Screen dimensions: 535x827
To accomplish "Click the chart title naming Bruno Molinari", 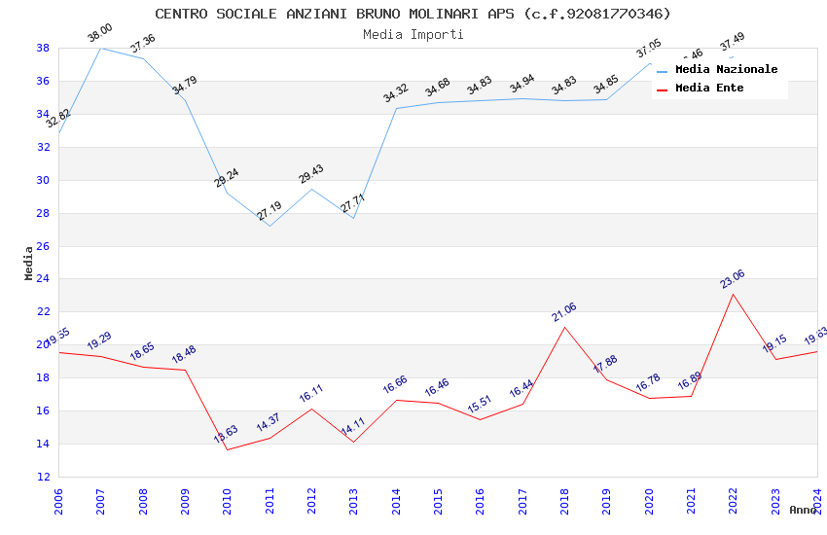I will point(413,14).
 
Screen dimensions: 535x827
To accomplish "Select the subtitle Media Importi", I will point(413,34).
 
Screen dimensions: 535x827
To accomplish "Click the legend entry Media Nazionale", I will point(726,70).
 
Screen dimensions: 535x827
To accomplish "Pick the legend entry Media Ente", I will point(709,88).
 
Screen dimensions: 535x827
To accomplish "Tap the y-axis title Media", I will point(29,263).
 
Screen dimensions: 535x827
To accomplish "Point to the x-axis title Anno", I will point(803,510).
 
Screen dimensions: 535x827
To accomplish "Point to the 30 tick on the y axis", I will point(43,180).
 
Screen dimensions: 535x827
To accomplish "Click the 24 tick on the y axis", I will point(43,279).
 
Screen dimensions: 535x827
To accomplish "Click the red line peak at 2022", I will point(733,294).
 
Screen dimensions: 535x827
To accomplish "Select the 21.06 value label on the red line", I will point(563,311).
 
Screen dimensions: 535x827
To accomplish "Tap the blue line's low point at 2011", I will point(270,226).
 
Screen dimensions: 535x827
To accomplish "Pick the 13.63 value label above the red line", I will point(226,434).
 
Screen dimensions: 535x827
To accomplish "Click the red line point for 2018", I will point(564,327).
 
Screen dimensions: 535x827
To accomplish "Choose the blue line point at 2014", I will point(396,108).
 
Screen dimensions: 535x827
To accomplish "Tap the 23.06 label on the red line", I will point(733,278).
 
